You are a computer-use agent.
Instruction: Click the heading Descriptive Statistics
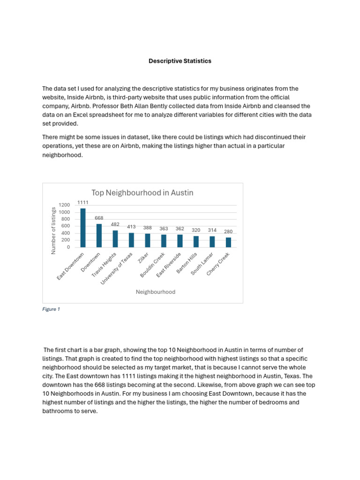pyautogui.click(x=180, y=61)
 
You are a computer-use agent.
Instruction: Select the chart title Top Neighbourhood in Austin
pyautogui.click(x=142, y=193)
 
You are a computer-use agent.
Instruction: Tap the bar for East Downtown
pyautogui.click(x=83, y=228)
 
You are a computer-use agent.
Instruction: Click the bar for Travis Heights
pyautogui.click(x=115, y=239)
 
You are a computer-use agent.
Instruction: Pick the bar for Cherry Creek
pyautogui.click(x=228, y=242)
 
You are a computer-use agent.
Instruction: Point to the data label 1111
pyautogui.click(x=83, y=202)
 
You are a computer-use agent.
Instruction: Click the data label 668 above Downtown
pyautogui.click(x=99, y=218)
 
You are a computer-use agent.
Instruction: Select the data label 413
pyautogui.click(x=131, y=227)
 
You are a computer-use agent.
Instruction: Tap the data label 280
pyautogui.click(x=228, y=232)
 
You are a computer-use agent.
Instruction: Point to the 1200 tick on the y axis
pyautogui.click(x=64, y=205)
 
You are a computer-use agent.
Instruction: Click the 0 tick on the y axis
pyautogui.click(x=68, y=247)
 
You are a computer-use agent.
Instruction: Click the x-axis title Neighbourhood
pyautogui.click(x=156, y=292)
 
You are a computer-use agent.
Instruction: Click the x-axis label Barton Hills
pyautogui.click(x=187, y=264)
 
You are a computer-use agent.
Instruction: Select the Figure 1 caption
pyautogui.click(x=51, y=309)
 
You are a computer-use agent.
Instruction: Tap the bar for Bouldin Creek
pyautogui.click(x=164, y=240)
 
